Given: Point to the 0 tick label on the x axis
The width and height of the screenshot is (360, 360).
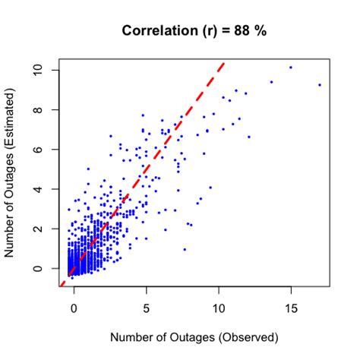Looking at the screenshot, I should (74, 309).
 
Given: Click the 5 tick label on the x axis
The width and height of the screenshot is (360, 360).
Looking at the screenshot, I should (146, 309).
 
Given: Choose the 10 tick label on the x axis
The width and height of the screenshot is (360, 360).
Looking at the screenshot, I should (218, 309).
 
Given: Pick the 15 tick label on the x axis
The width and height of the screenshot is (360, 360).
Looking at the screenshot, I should (290, 309).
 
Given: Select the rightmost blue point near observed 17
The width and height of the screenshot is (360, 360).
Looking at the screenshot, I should (320, 85).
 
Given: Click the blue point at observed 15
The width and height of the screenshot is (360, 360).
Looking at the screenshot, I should (290, 68).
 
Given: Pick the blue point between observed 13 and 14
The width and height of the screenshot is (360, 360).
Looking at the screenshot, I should (271, 82).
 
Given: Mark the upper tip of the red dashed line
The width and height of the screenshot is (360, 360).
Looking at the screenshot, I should (223, 62).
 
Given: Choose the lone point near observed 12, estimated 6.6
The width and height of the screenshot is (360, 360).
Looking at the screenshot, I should (248, 137).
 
